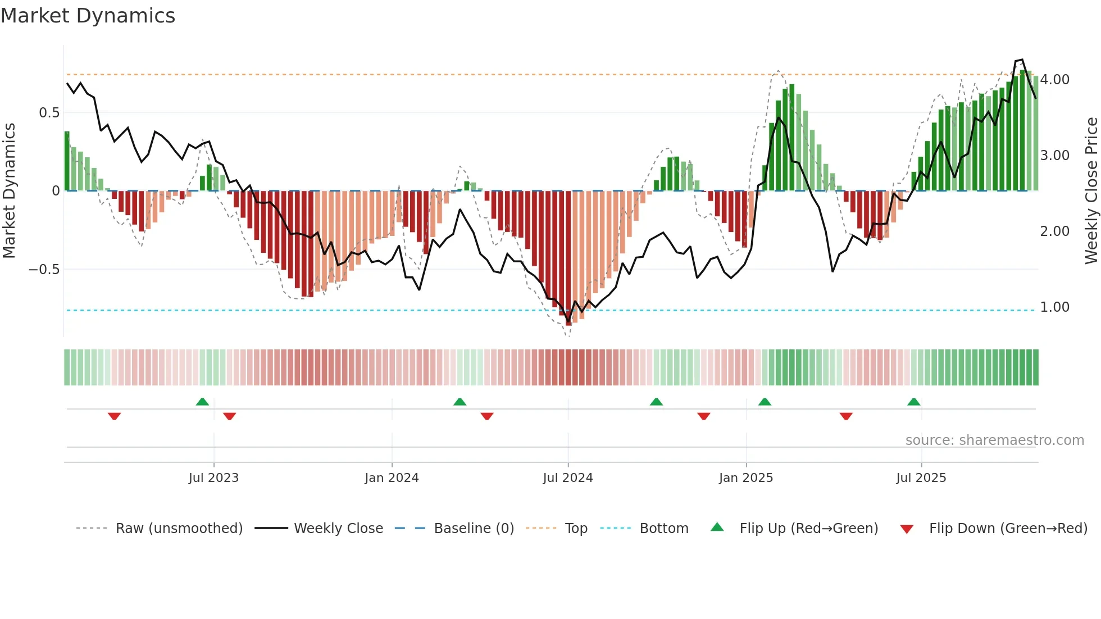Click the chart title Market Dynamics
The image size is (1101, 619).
click(88, 16)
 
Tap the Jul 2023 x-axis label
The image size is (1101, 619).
click(213, 478)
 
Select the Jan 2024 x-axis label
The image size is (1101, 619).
click(392, 478)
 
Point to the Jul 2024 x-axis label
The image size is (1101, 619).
click(567, 478)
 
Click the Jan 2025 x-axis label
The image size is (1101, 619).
click(745, 478)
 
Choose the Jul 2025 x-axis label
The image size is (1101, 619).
click(921, 478)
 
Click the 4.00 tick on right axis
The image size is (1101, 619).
click(1054, 80)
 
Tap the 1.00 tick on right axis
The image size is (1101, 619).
click(1054, 307)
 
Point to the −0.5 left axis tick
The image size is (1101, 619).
click(44, 270)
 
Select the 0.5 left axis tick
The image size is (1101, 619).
click(49, 113)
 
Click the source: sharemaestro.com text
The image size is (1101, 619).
click(994, 440)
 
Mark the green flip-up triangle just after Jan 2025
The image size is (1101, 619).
click(765, 402)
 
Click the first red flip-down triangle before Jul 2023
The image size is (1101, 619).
click(114, 416)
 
